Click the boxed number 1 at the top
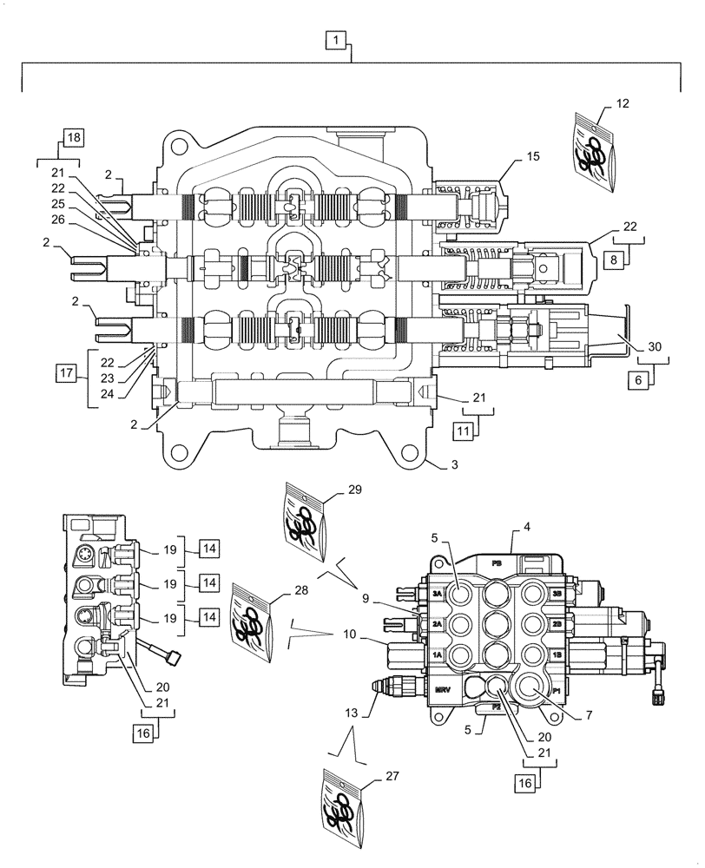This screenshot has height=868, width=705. tap(334, 39)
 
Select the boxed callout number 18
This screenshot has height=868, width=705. tap(72, 138)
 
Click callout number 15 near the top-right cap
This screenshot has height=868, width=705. tap(532, 156)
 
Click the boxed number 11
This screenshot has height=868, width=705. tap(463, 429)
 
